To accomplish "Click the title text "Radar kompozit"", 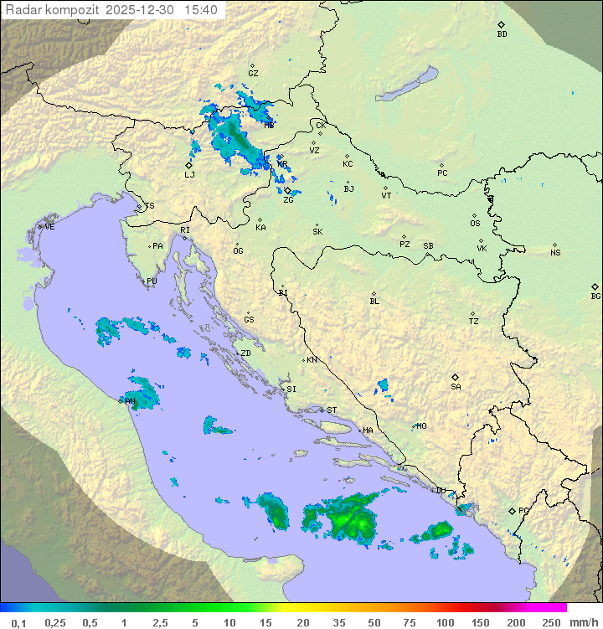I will [x=54, y=10].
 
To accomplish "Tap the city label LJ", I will [x=189, y=174].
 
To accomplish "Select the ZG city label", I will [x=288, y=199].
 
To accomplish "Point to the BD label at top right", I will [x=502, y=34].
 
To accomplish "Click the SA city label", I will [x=456, y=386].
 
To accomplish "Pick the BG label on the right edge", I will [x=595, y=296].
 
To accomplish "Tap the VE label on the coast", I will [x=49, y=226].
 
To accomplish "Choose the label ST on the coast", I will [x=332, y=410].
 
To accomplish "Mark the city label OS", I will [x=475, y=224].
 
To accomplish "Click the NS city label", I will [x=555, y=252].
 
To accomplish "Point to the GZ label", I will [x=253, y=73].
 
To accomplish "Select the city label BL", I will [x=374, y=301].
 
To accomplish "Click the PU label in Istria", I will [x=152, y=281].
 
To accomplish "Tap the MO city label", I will [x=421, y=425].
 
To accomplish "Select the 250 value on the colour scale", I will [x=550, y=622].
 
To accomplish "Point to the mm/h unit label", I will [x=581, y=622].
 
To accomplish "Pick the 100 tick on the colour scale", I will [x=445, y=622].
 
